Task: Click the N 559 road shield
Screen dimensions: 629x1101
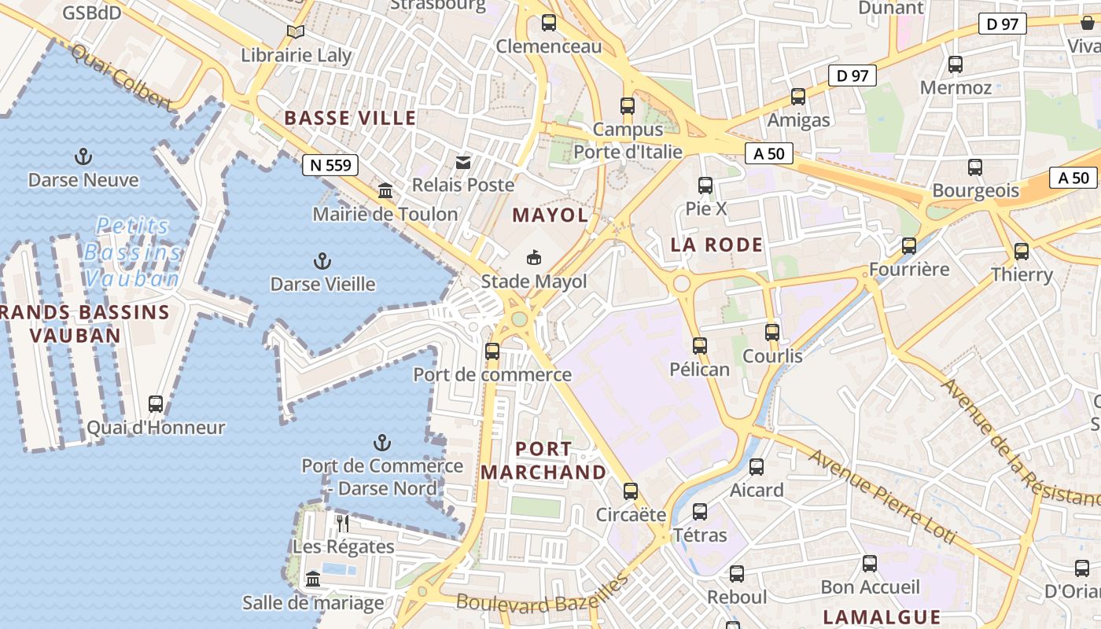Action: pyautogui.click(x=330, y=165)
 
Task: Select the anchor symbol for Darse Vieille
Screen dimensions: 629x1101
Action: pyautogui.click(x=322, y=260)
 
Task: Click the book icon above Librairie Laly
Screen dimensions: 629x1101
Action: pyautogui.click(x=296, y=31)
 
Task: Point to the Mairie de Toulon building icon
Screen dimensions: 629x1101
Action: pyautogui.click(x=385, y=190)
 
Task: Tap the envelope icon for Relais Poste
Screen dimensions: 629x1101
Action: pyautogui.click(x=463, y=162)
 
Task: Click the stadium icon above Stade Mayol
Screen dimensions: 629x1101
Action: pyautogui.click(x=534, y=257)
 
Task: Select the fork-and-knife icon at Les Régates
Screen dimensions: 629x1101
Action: pyautogui.click(x=343, y=523)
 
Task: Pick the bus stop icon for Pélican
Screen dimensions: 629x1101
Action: pyautogui.click(x=699, y=345)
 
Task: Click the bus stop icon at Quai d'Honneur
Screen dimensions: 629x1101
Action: pyautogui.click(x=156, y=404)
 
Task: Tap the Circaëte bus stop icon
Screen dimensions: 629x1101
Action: pyautogui.click(x=631, y=491)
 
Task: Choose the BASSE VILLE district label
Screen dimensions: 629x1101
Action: pyautogui.click(x=350, y=118)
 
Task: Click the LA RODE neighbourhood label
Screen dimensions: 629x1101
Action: pyautogui.click(x=716, y=245)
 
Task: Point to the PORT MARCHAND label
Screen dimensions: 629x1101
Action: pyautogui.click(x=543, y=461)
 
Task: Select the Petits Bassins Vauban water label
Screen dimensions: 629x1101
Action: pyautogui.click(x=133, y=252)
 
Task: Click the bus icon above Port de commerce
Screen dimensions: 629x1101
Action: pyautogui.click(x=492, y=351)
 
